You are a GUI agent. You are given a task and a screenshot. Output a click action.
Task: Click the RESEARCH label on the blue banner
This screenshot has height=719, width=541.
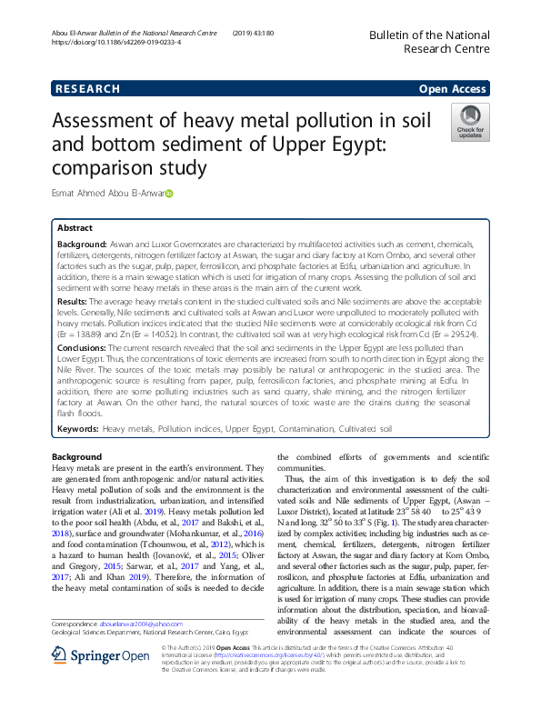(x=88, y=89)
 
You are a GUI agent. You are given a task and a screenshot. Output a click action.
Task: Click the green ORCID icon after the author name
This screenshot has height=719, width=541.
(x=169, y=194)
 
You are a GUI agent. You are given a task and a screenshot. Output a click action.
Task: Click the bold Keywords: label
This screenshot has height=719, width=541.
(x=78, y=426)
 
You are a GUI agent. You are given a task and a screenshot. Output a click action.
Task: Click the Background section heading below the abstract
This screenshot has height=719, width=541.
(x=77, y=456)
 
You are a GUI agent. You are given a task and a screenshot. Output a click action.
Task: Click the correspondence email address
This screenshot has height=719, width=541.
(x=137, y=649)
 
